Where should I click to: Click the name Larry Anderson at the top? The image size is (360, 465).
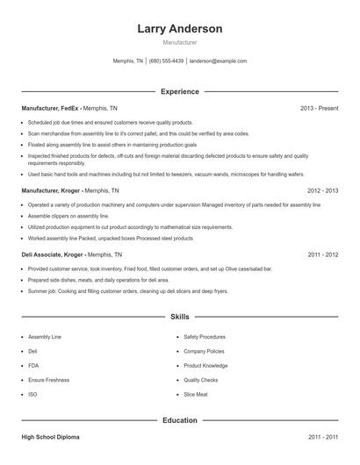tap(180, 29)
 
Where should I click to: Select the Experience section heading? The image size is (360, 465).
tap(180, 91)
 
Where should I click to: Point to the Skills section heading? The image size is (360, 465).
tap(180, 316)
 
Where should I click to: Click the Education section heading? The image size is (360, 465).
tap(180, 420)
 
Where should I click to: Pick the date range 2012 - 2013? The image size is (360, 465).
tap(322, 190)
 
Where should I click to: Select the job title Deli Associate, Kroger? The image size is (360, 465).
tap(55, 254)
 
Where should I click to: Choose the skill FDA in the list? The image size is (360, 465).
tap(32, 365)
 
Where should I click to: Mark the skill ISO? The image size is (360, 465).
tap(32, 394)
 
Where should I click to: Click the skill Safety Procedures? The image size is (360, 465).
tap(205, 336)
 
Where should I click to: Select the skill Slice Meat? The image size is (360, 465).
tap(197, 394)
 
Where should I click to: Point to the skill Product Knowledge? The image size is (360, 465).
tap(205, 365)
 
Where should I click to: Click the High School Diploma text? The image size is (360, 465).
tap(54, 436)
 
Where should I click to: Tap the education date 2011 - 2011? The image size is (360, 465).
tap(322, 436)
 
